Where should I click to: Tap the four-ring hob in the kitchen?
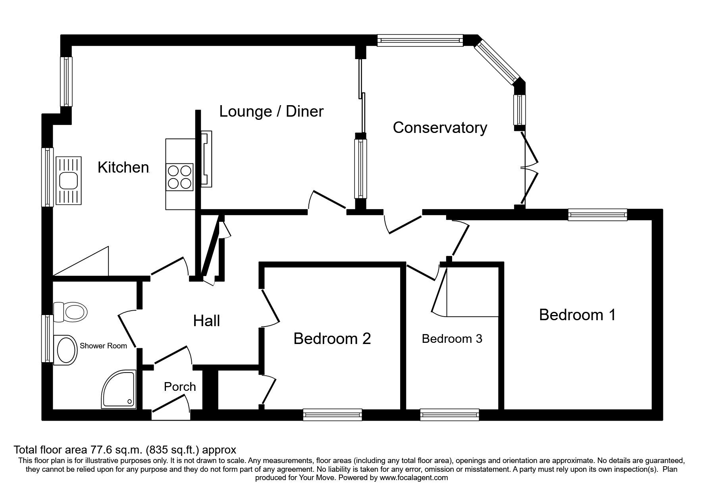pyautogui.click(x=180, y=177)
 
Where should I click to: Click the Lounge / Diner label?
pyautogui.click(x=272, y=111)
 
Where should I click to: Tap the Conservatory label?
pyautogui.click(x=440, y=128)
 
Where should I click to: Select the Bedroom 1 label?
pyautogui.click(x=577, y=315)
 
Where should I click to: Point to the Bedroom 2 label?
pyautogui.click(x=332, y=338)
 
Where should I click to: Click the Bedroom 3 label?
pyautogui.click(x=452, y=338)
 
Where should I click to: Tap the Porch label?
pyautogui.click(x=180, y=386)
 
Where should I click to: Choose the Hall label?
pyautogui.click(x=206, y=321)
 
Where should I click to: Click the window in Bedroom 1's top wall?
pyautogui.click(x=597, y=215)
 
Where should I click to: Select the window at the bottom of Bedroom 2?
pyautogui.click(x=333, y=415)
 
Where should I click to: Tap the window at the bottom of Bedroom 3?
pyautogui.click(x=450, y=415)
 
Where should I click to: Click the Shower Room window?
pyautogui.click(x=48, y=338)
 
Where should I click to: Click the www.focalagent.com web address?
pyautogui.click(x=413, y=478)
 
